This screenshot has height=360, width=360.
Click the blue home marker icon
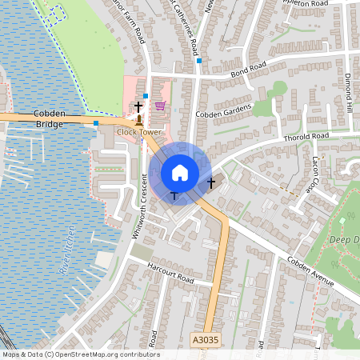click(x=180, y=173)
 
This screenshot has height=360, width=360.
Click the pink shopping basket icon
click(x=160, y=105)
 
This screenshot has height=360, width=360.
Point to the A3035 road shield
click(x=204, y=340)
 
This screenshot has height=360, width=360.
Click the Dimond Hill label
click(x=350, y=94)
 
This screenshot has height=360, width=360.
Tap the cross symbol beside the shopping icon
click(x=138, y=106)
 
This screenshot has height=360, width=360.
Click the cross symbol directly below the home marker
click(x=174, y=195)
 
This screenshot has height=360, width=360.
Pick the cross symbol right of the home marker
click(x=211, y=183)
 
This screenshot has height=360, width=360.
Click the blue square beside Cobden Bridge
click(x=96, y=123)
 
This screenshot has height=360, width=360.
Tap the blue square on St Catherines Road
click(x=198, y=60)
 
